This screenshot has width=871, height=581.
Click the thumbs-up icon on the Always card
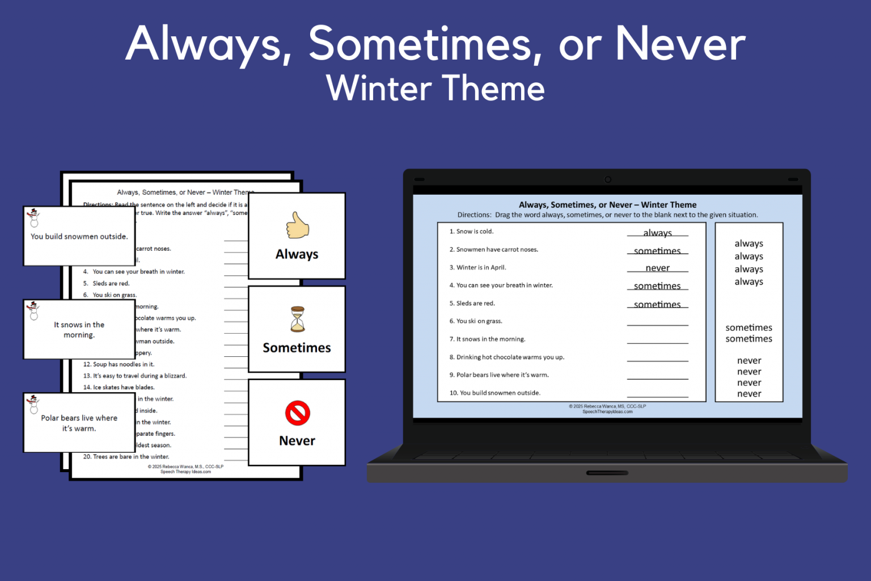(x=297, y=225)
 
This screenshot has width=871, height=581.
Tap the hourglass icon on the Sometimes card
(x=297, y=319)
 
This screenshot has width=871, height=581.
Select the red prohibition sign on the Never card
(x=297, y=413)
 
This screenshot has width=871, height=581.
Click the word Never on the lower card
(x=297, y=441)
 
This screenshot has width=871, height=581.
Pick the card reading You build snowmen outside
(x=79, y=237)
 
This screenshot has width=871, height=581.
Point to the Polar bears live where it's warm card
(x=79, y=423)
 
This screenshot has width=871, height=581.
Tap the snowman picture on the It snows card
(x=33, y=311)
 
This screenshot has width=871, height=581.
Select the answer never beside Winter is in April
(x=657, y=268)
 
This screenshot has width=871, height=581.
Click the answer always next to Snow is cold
(x=657, y=233)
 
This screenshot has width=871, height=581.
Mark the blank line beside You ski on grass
(x=657, y=324)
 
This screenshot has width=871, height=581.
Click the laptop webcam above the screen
(x=607, y=179)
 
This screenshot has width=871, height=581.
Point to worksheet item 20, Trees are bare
(x=126, y=457)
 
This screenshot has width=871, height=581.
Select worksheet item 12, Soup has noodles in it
(x=119, y=364)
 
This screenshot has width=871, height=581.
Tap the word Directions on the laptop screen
(x=474, y=215)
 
